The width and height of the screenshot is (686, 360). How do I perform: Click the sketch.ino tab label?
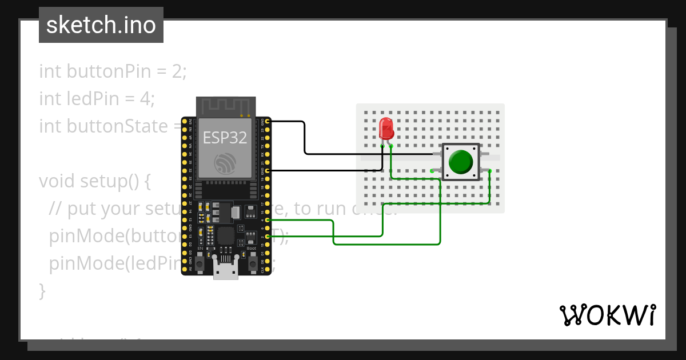point(101,25)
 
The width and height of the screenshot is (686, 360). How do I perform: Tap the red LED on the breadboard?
point(386,128)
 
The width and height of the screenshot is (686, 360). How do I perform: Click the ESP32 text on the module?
point(224,137)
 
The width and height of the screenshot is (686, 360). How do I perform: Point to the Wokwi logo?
point(607,315)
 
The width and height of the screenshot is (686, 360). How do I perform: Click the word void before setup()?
point(57,181)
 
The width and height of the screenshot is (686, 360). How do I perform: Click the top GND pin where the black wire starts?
point(267,122)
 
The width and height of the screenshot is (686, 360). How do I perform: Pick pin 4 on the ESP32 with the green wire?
point(267,220)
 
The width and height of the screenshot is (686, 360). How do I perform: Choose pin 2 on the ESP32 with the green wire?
point(267,236)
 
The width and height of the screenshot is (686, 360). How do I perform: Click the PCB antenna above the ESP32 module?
point(225,106)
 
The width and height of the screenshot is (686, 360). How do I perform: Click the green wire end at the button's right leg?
point(490,170)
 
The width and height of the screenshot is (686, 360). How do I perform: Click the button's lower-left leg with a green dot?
point(432,170)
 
